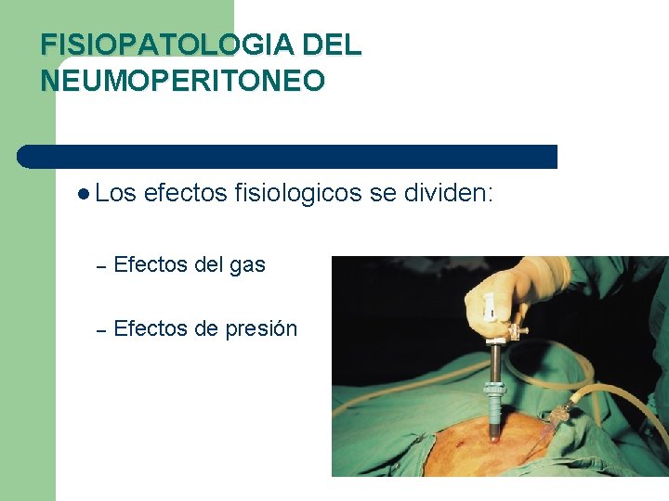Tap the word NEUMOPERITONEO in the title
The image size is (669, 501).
(182, 81)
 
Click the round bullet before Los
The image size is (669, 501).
(85, 194)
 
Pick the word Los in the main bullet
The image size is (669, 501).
(115, 193)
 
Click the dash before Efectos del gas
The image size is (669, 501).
(102, 266)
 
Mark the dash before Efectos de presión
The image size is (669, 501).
(102, 329)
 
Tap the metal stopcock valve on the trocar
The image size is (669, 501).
(517, 329)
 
